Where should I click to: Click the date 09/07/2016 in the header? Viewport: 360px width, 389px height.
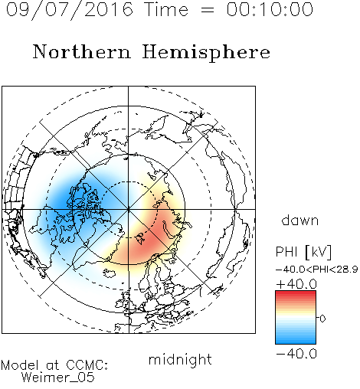click(x=70, y=10)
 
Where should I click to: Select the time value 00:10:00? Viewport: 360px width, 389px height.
click(x=270, y=9)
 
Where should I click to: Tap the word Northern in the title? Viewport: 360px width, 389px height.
click(x=82, y=52)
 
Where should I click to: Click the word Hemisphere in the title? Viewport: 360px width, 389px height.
click(x=206, y=53)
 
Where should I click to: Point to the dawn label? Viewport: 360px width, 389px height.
click(x=300, y=220)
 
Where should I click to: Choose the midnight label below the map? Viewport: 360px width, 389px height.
click(x=180, y=360)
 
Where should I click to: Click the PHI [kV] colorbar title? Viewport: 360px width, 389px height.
click(x=303, y=252)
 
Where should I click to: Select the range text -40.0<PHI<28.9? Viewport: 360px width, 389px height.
click(x=317, y=270)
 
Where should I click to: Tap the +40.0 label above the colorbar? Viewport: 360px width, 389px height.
click(x=296, y=284)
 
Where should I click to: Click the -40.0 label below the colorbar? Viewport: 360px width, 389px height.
click(x=296, y=354)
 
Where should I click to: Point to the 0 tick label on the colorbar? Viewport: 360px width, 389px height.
click(x=322, y=319)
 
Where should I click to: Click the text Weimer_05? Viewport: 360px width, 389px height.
click(x=58, y=377)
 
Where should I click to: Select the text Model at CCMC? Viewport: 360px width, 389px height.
click(x=54, y=365)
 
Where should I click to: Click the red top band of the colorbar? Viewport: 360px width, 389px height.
click(x=296, y=293)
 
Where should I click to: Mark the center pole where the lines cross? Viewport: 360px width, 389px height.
click(x=128, y=209)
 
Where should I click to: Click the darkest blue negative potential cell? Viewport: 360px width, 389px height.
click(x=74, y=198)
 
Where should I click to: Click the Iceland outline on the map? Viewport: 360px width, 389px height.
click(x=110, y=273)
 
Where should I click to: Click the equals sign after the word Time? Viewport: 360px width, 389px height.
click(x=207, y=10)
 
